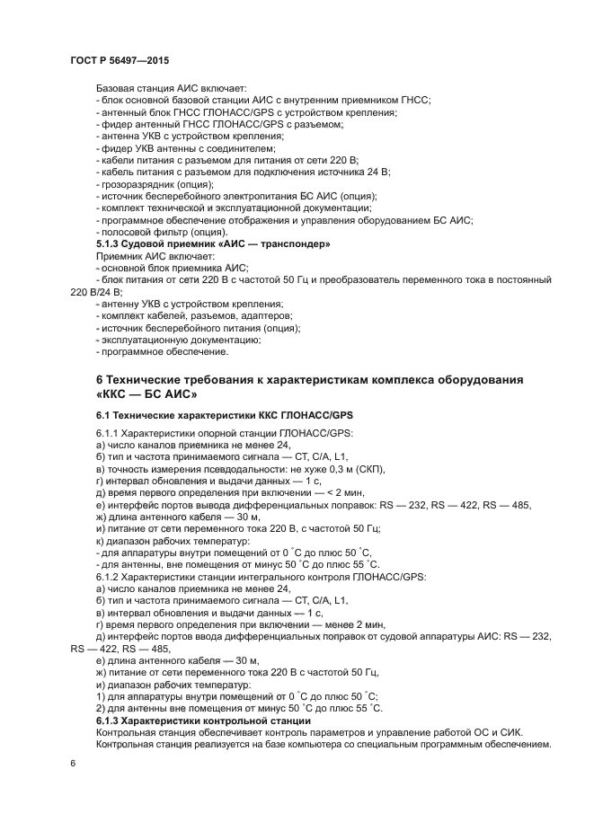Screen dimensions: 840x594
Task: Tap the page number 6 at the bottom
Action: pyautogui.click(x=73, y=763)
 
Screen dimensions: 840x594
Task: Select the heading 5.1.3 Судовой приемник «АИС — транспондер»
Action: pyautogui.click(x=213, y=244)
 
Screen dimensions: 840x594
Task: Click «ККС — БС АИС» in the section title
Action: pyautogui.click(x=146, y=396)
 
